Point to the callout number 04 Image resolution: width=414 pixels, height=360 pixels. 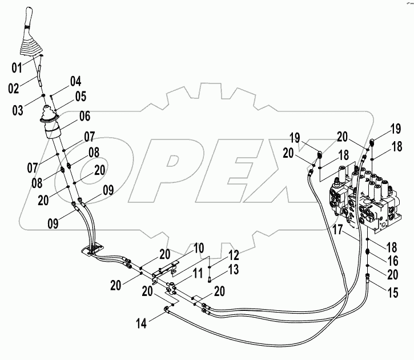coord(76,81)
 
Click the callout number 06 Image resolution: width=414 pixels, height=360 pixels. coord(85,116)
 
